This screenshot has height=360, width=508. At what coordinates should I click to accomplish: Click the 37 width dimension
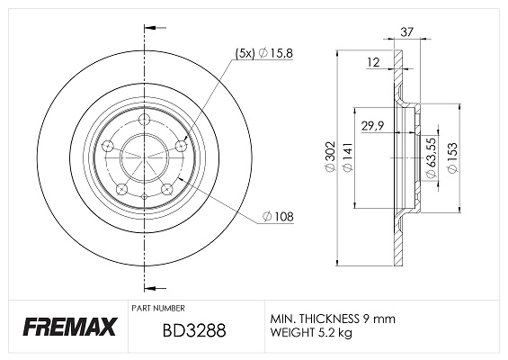click(x=407, y=31)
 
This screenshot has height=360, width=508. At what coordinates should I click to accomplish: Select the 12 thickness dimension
click(x=373, y=62)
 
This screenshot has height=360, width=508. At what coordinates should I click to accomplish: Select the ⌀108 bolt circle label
click(x=280, y=217)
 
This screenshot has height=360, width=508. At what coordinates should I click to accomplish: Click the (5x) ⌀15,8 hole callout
click(x=264, y=54)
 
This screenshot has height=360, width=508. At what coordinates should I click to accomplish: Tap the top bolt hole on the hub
click(x=146, y=122)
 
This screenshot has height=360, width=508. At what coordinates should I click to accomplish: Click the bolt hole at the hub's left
click(x=108, y=147)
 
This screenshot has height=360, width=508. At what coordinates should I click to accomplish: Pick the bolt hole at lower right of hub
click(x=167, y=189)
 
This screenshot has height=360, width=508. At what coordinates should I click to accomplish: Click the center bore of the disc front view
click(x=144, y=158)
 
